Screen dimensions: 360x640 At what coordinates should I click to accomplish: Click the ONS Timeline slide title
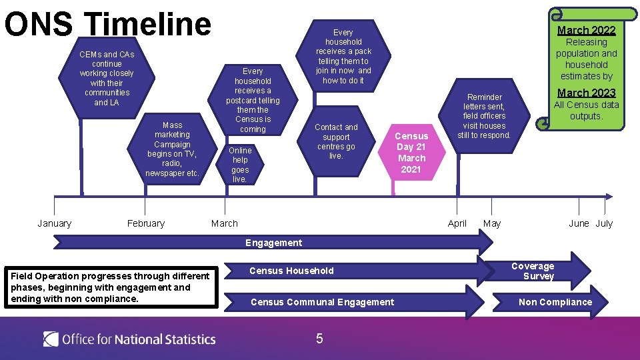tap(108, 24)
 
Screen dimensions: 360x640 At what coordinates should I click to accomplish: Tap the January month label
tap(55, 223)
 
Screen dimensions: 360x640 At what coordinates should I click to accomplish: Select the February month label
tap(145, 223)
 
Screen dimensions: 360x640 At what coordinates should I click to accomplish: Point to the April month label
tap(457, 223)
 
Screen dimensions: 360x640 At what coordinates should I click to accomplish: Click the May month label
tap(492, 223)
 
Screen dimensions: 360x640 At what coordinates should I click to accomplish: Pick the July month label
tap(604, 223)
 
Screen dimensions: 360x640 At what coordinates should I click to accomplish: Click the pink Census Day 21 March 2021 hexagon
tap(411, 153)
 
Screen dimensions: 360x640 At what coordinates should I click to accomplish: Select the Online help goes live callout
tap(240, 164)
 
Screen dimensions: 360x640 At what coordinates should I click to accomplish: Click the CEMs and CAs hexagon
tap(107, 78)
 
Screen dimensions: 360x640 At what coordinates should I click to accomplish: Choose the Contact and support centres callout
tap(336, 141)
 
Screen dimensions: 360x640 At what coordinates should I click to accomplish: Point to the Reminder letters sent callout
tap(485, 116)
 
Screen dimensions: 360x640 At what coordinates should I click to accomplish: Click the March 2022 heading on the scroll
tap(586, 30)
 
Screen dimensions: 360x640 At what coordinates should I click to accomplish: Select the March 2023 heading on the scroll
tap(586, 93)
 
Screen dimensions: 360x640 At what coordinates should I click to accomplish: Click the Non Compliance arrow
tap(555, 302)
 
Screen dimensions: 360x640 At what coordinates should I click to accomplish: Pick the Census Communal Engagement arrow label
tap(322, 302)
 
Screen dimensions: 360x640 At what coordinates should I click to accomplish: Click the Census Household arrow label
tap(291, 271)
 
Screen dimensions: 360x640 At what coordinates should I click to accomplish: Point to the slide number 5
tap(319, 339)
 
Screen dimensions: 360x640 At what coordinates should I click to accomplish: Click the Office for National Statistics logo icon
tap(51, 339)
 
